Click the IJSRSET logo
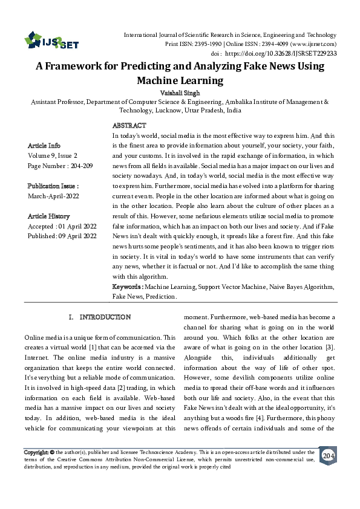51,42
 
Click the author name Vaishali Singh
180,93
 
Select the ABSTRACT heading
129,125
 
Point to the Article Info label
45,146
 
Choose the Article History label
49,216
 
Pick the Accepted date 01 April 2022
76,226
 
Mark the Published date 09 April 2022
77,236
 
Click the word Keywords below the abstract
126,287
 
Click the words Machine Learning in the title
180,80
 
